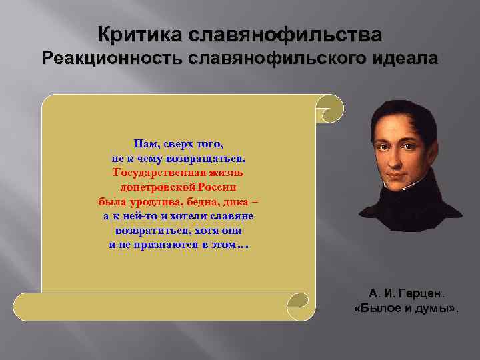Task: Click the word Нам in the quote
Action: coord(145,143)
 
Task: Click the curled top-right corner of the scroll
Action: coord(329,107)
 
